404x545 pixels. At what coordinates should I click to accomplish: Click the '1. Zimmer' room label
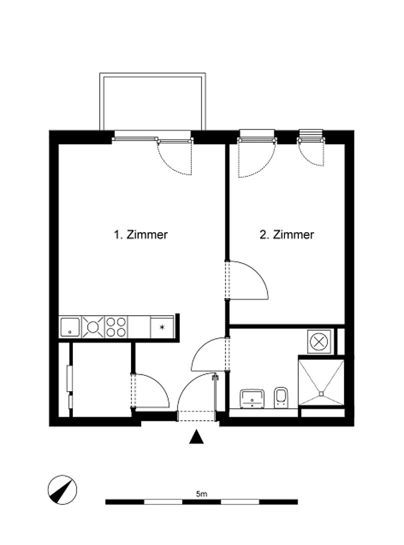tap(141, 235)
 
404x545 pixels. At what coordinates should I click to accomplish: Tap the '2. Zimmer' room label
tap(287, 235)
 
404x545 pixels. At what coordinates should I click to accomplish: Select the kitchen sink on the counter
tap(70, 327)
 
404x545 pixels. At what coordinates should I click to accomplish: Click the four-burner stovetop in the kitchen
tap(116, 327)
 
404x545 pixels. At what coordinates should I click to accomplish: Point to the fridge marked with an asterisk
tap(162, 327)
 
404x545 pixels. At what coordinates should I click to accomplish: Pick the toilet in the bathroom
tap(281, 397)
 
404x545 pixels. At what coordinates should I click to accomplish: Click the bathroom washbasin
tap(252, 399)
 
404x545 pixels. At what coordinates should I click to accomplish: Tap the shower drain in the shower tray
tap(321, 394)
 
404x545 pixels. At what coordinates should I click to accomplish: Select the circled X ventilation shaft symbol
tap(319, 342)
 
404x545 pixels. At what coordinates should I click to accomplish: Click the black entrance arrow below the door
tap(197, 437)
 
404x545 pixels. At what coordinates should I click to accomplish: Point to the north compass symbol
tap(63, 490)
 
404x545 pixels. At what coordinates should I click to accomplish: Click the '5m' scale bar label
tap(201, 493)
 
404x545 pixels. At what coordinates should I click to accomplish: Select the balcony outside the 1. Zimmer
tap(153, 101)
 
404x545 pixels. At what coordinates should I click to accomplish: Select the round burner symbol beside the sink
tap(93, 327)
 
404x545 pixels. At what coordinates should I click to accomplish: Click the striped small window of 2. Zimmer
tap(311, 134)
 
